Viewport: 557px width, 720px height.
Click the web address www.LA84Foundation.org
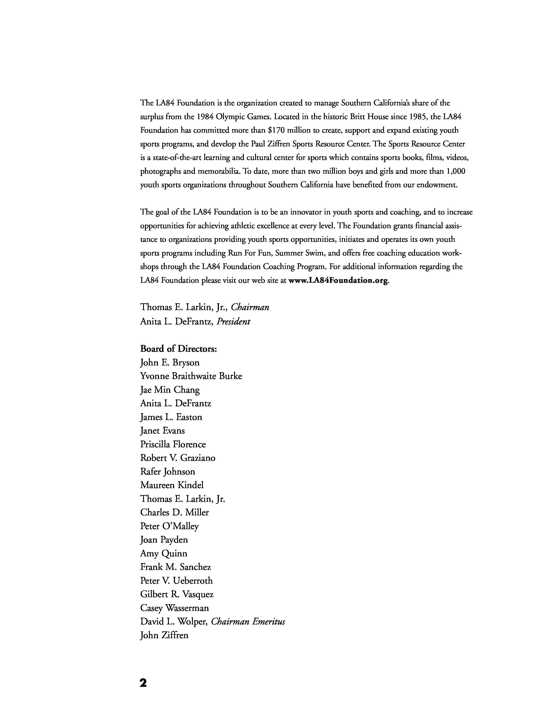(338, 281)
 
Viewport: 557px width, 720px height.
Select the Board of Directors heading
(178, 349)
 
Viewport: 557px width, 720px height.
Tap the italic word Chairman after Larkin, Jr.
(250, 307)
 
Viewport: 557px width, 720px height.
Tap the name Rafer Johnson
(168, 471)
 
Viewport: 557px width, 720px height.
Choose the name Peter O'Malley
(170, 526)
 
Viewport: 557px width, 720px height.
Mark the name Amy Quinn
(164, 554)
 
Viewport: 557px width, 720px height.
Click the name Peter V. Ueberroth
(176, 581)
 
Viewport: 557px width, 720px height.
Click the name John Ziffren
(164, 635)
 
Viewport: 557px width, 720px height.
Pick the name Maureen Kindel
(172, 485)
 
